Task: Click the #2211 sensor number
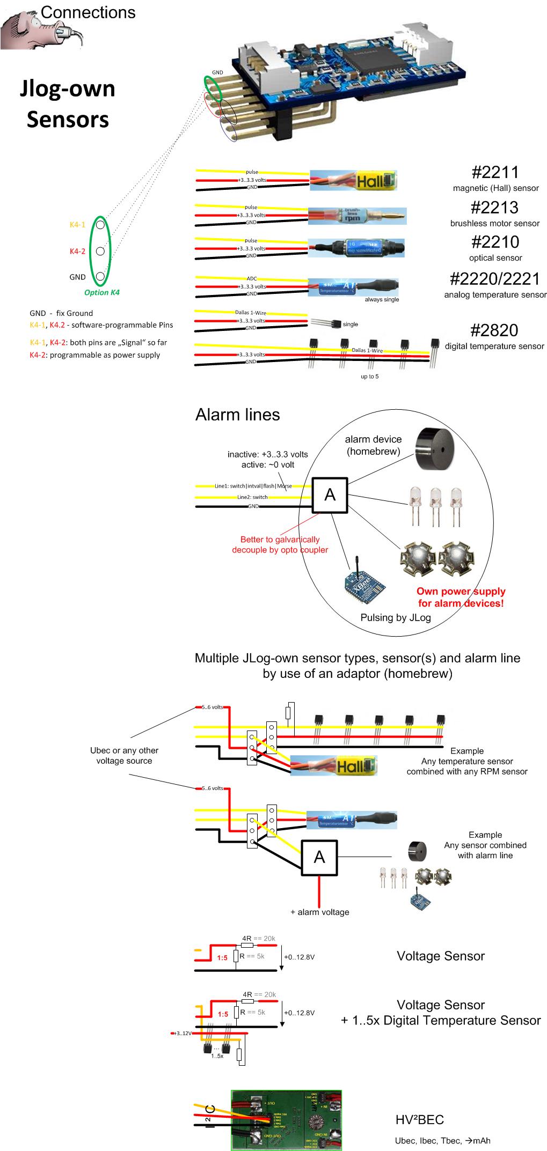pos(495,173)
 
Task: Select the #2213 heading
pos(495,208)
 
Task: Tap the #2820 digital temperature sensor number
pos(495,330)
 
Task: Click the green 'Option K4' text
pos(102,293)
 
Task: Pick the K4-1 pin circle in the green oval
pos(100,225)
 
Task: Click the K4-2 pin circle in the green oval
pos(100,250)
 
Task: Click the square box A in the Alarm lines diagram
pos(330,495)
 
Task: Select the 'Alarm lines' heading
pos(237,415)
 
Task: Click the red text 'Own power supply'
pos(461,592)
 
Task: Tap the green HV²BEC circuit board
pos(286,1120)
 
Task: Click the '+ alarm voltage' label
pos(320,912)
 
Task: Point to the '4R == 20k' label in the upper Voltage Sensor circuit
pos(258,938)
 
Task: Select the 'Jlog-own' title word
pos(68,88)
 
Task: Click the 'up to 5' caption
pos(369,377)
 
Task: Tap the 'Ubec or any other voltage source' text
pos(124,755)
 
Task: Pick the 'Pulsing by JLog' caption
pos(396,617)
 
